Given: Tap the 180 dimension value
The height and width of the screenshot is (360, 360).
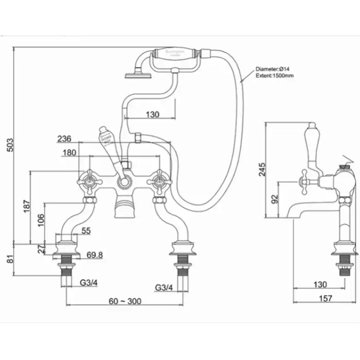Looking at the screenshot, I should (68, 152).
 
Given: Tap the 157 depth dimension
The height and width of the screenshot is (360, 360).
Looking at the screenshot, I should (325, 298).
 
